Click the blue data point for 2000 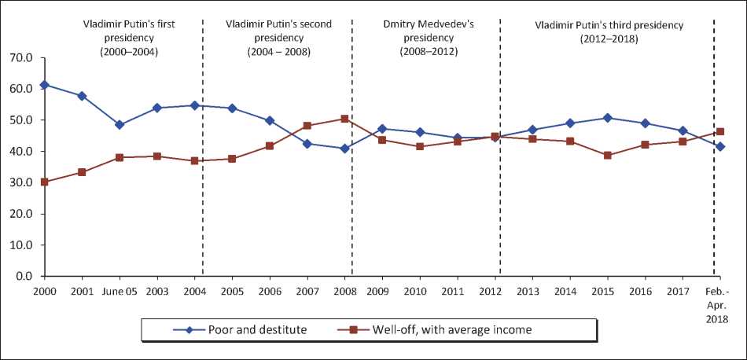(x=45, y=85)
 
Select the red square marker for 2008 (x=344, y=119)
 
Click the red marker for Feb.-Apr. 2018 (x=720, y=132)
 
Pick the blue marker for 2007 (x=307, y=144)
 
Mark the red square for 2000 (x=45, y=182)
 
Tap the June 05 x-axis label (x=120, y=290)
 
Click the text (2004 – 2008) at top (x=278, y=52)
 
